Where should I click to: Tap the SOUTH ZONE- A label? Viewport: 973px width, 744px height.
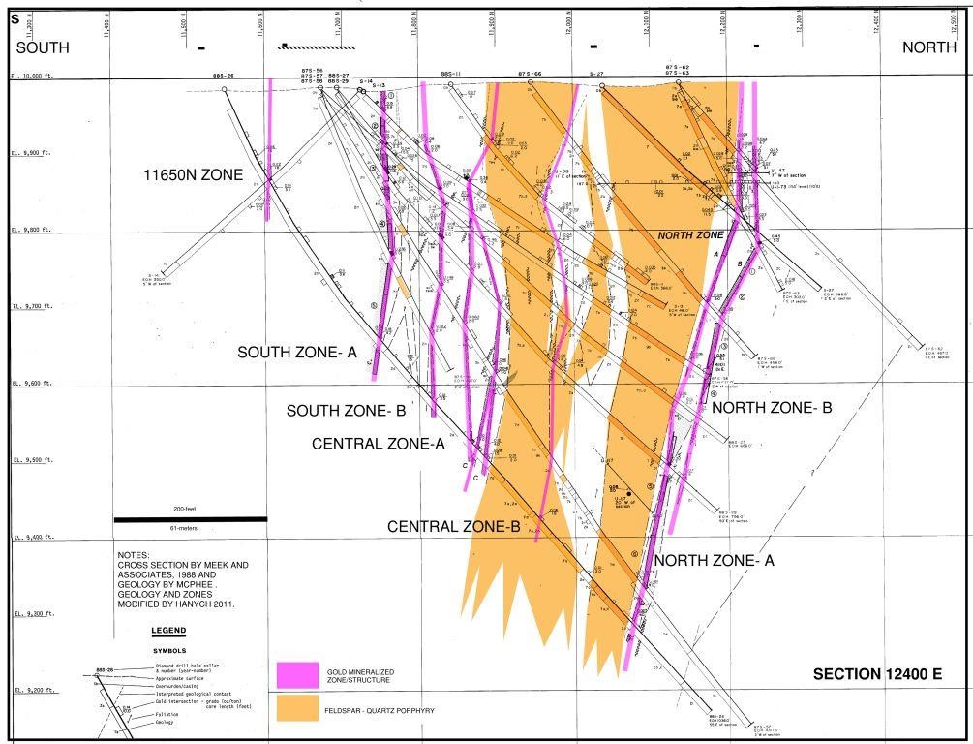pos(298,353)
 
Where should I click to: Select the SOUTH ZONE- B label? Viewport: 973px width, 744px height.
pos(346,411)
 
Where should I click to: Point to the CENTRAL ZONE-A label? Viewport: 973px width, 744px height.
pos(378,444)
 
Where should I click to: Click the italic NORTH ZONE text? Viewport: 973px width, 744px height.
pos(691,235)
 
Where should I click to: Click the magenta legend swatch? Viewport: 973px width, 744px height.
pos(297,674)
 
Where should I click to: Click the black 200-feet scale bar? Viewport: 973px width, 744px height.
pos(190,519)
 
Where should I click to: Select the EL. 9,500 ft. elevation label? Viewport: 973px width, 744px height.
pos(29,460)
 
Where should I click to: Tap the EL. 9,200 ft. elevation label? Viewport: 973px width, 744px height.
pos(29,690)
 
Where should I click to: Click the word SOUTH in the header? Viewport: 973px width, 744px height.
pos(43,47)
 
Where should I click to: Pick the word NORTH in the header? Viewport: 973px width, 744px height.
pos(930,47)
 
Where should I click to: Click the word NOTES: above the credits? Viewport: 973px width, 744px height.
pos(136,555)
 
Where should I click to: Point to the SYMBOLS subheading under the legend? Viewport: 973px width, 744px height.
pos(169,651)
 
